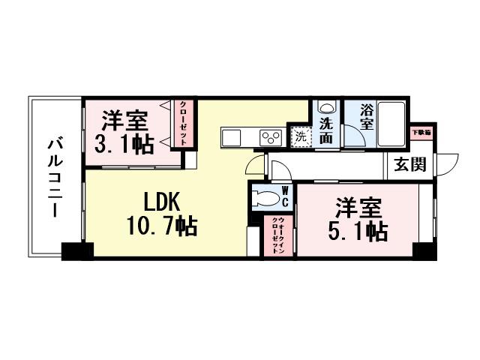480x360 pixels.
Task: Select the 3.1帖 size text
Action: tap(124, 143)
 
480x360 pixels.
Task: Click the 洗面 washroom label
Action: tap(325, 130)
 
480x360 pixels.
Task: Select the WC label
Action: tap(285, 196)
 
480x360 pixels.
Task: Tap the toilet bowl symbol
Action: tap(265, 198)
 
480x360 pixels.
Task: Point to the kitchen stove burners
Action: tap(268, 137)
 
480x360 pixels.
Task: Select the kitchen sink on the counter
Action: tap(230, 137)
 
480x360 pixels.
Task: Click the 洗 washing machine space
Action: tap(299, 137)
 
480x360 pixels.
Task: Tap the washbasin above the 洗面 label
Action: tap(324, 107)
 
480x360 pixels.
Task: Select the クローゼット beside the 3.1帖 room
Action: tap(182, 123)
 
